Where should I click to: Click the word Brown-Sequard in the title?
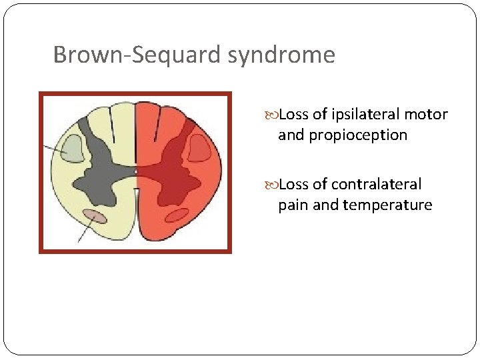tap(137, 55)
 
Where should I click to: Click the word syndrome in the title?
tap(281, 55)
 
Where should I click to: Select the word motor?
tap(426, 115)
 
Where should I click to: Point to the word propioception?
tap(358, 135)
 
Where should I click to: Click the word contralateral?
tap(377, 184)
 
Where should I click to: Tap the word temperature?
tap(387, 205)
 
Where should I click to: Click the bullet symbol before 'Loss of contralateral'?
tap(273, 185)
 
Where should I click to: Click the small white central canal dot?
tap(135, 172)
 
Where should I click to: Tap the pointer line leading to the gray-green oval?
tap(53, 147)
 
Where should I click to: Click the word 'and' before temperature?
tap(325, 205)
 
